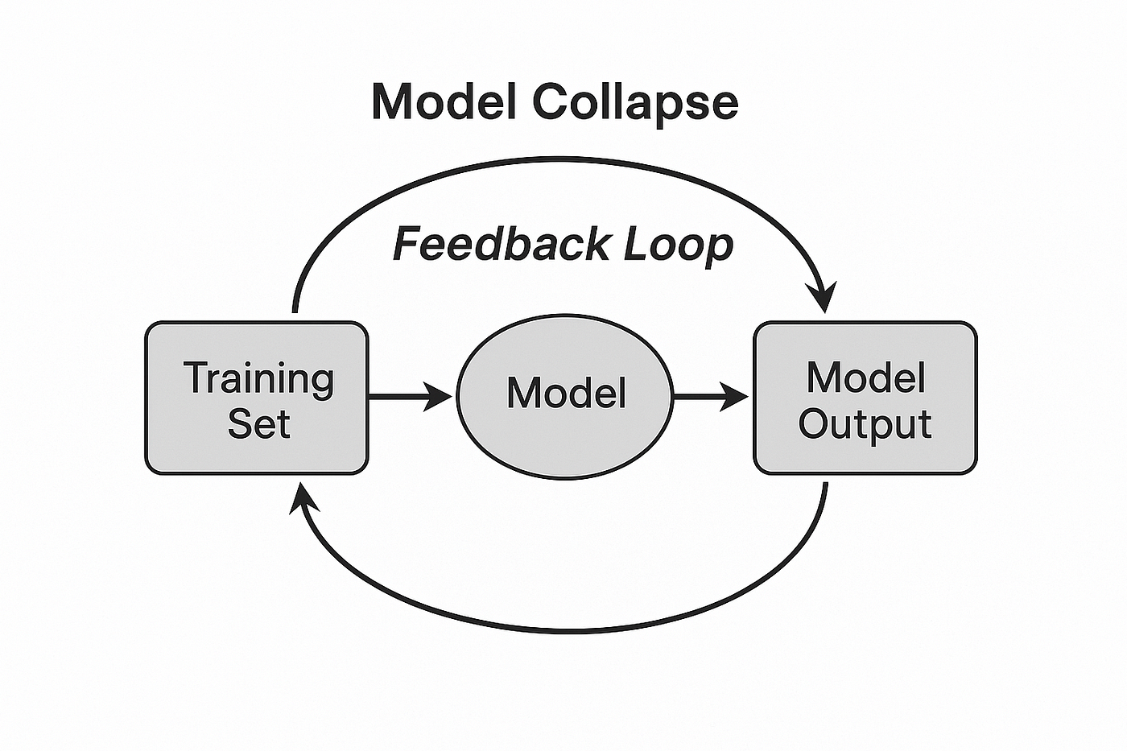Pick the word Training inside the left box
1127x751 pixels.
(x=258, y=378)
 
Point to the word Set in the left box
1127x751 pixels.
(x=258, y=423)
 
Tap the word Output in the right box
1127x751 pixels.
(x=865, y=423)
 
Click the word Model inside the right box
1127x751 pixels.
(x=865, y=377)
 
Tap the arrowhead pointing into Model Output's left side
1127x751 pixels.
(x=735, y=396)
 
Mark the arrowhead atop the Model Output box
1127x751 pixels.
(x=824, y=298)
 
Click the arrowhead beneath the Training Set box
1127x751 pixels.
(x=301, y=497)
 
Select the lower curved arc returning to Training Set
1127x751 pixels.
(x=563, y=629)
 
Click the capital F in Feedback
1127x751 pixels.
(x=407, y=244)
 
